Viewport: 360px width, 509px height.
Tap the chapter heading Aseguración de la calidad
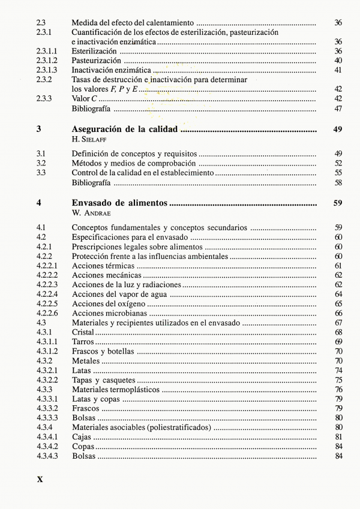coord(125,129)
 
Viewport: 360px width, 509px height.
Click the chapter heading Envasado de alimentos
coord(119,203)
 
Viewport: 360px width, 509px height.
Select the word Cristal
coord(83,332)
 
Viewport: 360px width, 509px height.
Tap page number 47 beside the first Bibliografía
coord(338,109)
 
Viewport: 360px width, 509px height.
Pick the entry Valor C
coord(85,99)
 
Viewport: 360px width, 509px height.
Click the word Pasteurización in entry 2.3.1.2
coord(96,61)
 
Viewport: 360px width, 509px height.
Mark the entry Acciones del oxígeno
coord(109,303)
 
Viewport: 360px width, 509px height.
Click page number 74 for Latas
coord(338,371)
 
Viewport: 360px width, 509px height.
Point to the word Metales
coord(86,361)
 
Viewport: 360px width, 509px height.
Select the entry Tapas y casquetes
coord(104,380)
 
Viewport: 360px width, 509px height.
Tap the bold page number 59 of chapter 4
coord(337,203)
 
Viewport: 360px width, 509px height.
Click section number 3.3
coord(41,173)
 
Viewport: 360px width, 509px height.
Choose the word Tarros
coord(83,341)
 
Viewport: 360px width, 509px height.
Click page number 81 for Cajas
coord(338,437)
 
